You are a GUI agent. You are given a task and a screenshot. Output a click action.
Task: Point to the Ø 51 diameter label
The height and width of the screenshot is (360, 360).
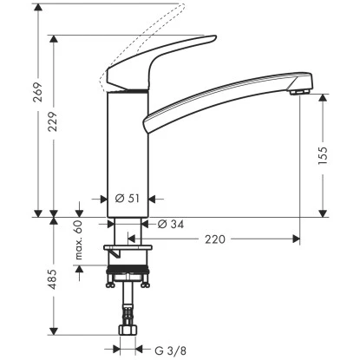(x=127, y=199)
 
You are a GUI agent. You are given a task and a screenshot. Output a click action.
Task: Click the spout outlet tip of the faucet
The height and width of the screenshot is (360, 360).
(x=300, y=90)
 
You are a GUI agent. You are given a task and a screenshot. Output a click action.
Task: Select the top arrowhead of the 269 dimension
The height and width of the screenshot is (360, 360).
(x=39, y=6)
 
